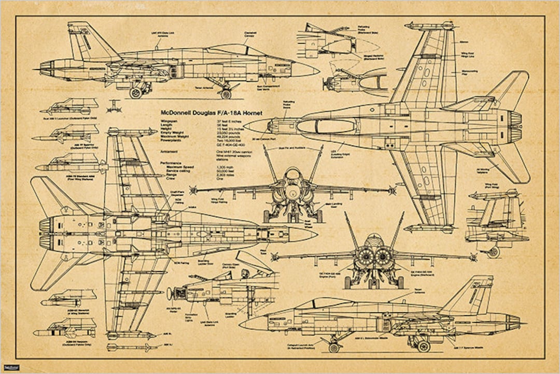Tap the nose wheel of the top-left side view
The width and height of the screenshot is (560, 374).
(226, 94)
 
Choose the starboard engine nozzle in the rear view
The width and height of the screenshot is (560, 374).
(384, 257)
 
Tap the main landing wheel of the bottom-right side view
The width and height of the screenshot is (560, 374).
(423, 346)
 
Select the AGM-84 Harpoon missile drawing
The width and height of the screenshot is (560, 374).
(65, 329)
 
